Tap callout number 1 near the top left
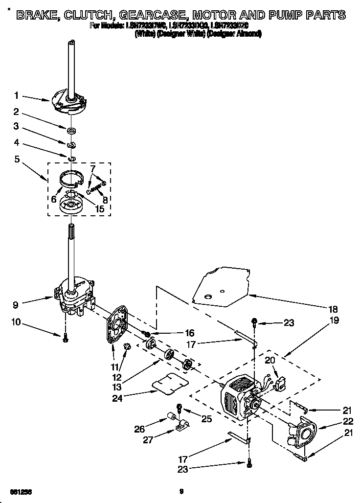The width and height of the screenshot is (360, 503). (x=16, y=95)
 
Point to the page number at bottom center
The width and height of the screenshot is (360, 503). (x=180, y=491)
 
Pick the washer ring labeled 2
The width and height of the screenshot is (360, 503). (x=71, y=130)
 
